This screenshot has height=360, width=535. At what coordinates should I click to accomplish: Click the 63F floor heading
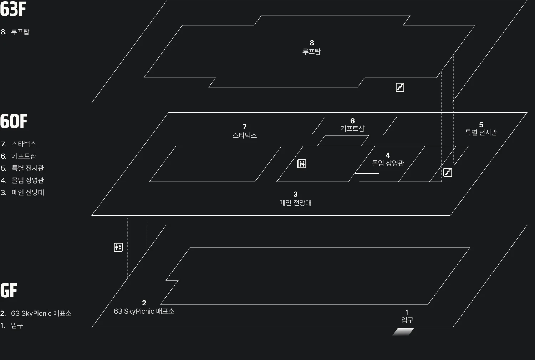click(13, 9)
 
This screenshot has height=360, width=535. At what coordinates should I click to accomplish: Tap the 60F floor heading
click(14, 121)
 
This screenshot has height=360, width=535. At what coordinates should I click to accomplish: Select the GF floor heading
click(9, 290)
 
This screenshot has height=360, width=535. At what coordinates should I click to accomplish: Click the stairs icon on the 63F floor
click(400, 87)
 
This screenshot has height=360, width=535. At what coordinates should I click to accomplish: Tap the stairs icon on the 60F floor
click(448, 172)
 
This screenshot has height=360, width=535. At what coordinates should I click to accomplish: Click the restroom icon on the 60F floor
click(302, 164)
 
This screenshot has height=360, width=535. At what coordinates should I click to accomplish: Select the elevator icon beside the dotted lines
click(118, 247)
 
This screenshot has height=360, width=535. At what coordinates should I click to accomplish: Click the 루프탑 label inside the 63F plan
click(311, 51)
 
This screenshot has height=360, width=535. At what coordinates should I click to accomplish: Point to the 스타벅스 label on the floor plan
click(245, 135)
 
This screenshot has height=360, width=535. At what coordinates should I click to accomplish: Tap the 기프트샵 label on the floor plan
click(352, 128)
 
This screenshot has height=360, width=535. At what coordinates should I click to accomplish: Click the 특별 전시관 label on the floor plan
click(481, 132)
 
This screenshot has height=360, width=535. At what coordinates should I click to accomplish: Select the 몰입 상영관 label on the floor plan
click(388, 163)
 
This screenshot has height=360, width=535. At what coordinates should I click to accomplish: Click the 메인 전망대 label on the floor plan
click(295, 202)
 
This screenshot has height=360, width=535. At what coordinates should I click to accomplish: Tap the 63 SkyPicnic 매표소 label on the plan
click(144, 311)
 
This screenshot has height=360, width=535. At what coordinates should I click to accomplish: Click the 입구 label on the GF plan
click(407, 320)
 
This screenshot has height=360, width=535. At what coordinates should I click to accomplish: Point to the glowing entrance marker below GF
click(403, 331)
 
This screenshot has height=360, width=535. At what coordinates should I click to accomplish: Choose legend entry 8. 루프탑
click(15, 31)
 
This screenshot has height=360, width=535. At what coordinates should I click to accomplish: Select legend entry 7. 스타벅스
click(19, 144)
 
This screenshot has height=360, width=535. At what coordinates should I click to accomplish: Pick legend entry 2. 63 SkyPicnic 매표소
click(36, 313)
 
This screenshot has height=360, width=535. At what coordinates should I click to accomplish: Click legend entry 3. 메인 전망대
click(22, 192)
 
